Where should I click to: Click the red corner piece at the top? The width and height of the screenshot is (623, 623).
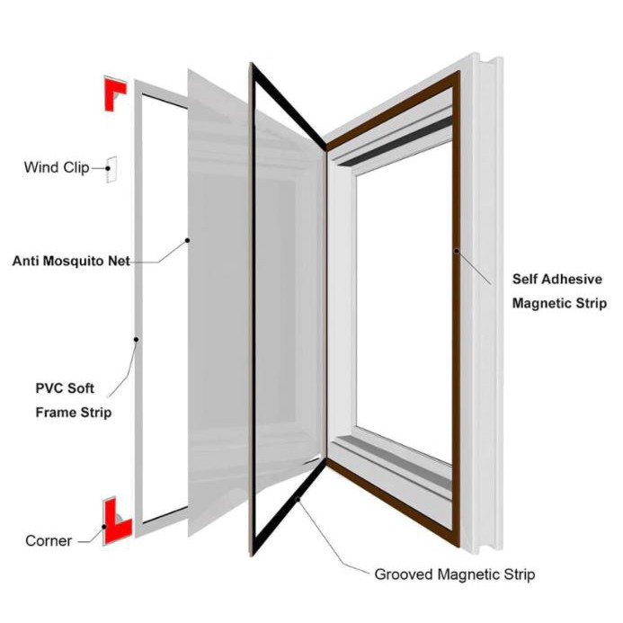tap(114, 92)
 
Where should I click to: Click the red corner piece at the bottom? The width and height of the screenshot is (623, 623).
tap(115, 523)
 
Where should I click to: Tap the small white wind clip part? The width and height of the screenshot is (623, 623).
tap(112, 168)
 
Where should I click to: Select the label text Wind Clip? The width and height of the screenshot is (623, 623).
tap(56, 167)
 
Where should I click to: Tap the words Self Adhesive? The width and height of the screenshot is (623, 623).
tap(557, 280)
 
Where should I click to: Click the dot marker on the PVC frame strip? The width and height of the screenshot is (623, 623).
tap(136, 340)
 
